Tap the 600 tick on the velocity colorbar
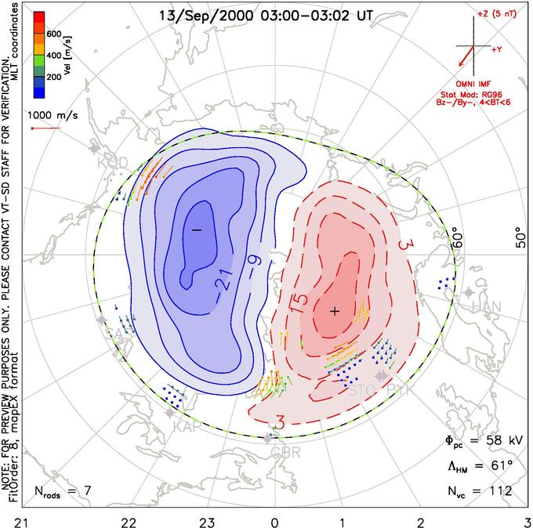pos(54,34)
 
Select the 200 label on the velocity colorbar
pos(54,78)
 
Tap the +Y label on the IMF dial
pos(497,49)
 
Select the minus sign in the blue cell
pos(196,229)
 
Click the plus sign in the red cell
pos(335,311)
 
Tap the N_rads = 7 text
pos(63,491)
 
